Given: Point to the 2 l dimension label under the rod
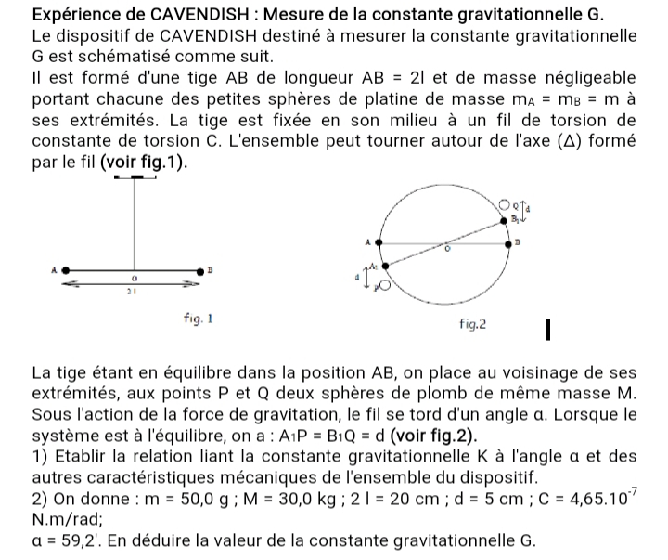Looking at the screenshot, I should coord(133,293).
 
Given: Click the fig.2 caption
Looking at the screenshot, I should coord(473,326).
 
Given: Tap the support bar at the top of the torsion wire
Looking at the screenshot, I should coord(135,176).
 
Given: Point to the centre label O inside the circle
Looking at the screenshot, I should coord(446,248).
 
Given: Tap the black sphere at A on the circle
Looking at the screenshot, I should coord(378,243).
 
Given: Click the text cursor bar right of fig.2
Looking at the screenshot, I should coord(549,328).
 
